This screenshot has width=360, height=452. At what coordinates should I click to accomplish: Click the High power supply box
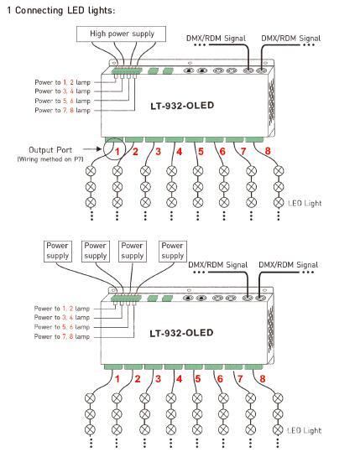coord(121,34)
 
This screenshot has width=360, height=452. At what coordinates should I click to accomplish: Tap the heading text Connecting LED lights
coord(65,10)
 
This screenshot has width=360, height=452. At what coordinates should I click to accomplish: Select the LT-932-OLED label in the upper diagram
coord(182,106)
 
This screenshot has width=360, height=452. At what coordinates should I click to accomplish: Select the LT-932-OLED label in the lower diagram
coord(181,333)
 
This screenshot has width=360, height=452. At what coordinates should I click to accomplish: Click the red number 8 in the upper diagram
coord(268,151)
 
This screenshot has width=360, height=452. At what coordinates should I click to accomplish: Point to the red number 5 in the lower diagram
coord(197,379)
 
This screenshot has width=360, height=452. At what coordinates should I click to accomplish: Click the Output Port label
coord(50,150)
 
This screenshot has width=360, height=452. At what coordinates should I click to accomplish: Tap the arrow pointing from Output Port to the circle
coord(92,149)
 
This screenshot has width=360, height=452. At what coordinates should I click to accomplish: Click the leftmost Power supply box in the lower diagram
coord(57,252)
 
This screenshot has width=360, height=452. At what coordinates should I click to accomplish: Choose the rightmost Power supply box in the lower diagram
coord(173,252)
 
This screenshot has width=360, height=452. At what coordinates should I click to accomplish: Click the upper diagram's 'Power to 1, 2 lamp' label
coord(63,82)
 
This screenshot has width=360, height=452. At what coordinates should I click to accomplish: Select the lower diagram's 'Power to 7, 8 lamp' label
coord(62,336)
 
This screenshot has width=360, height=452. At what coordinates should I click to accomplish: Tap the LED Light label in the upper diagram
coord(305,203)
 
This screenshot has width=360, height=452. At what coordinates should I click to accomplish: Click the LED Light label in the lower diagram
coord(304,431)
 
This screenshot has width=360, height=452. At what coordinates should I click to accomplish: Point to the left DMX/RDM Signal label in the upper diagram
coord(216,39)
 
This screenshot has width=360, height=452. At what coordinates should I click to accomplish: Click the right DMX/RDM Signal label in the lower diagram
coord(289,265)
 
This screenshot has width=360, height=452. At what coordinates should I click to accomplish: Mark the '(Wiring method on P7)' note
coord(50,159)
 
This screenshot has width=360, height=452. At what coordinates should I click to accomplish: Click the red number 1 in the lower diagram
coord(117,379)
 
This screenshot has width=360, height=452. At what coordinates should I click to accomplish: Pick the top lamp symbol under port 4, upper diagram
coord(172,171)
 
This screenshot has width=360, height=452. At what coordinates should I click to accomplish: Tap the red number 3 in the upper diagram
coord(158,151)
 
